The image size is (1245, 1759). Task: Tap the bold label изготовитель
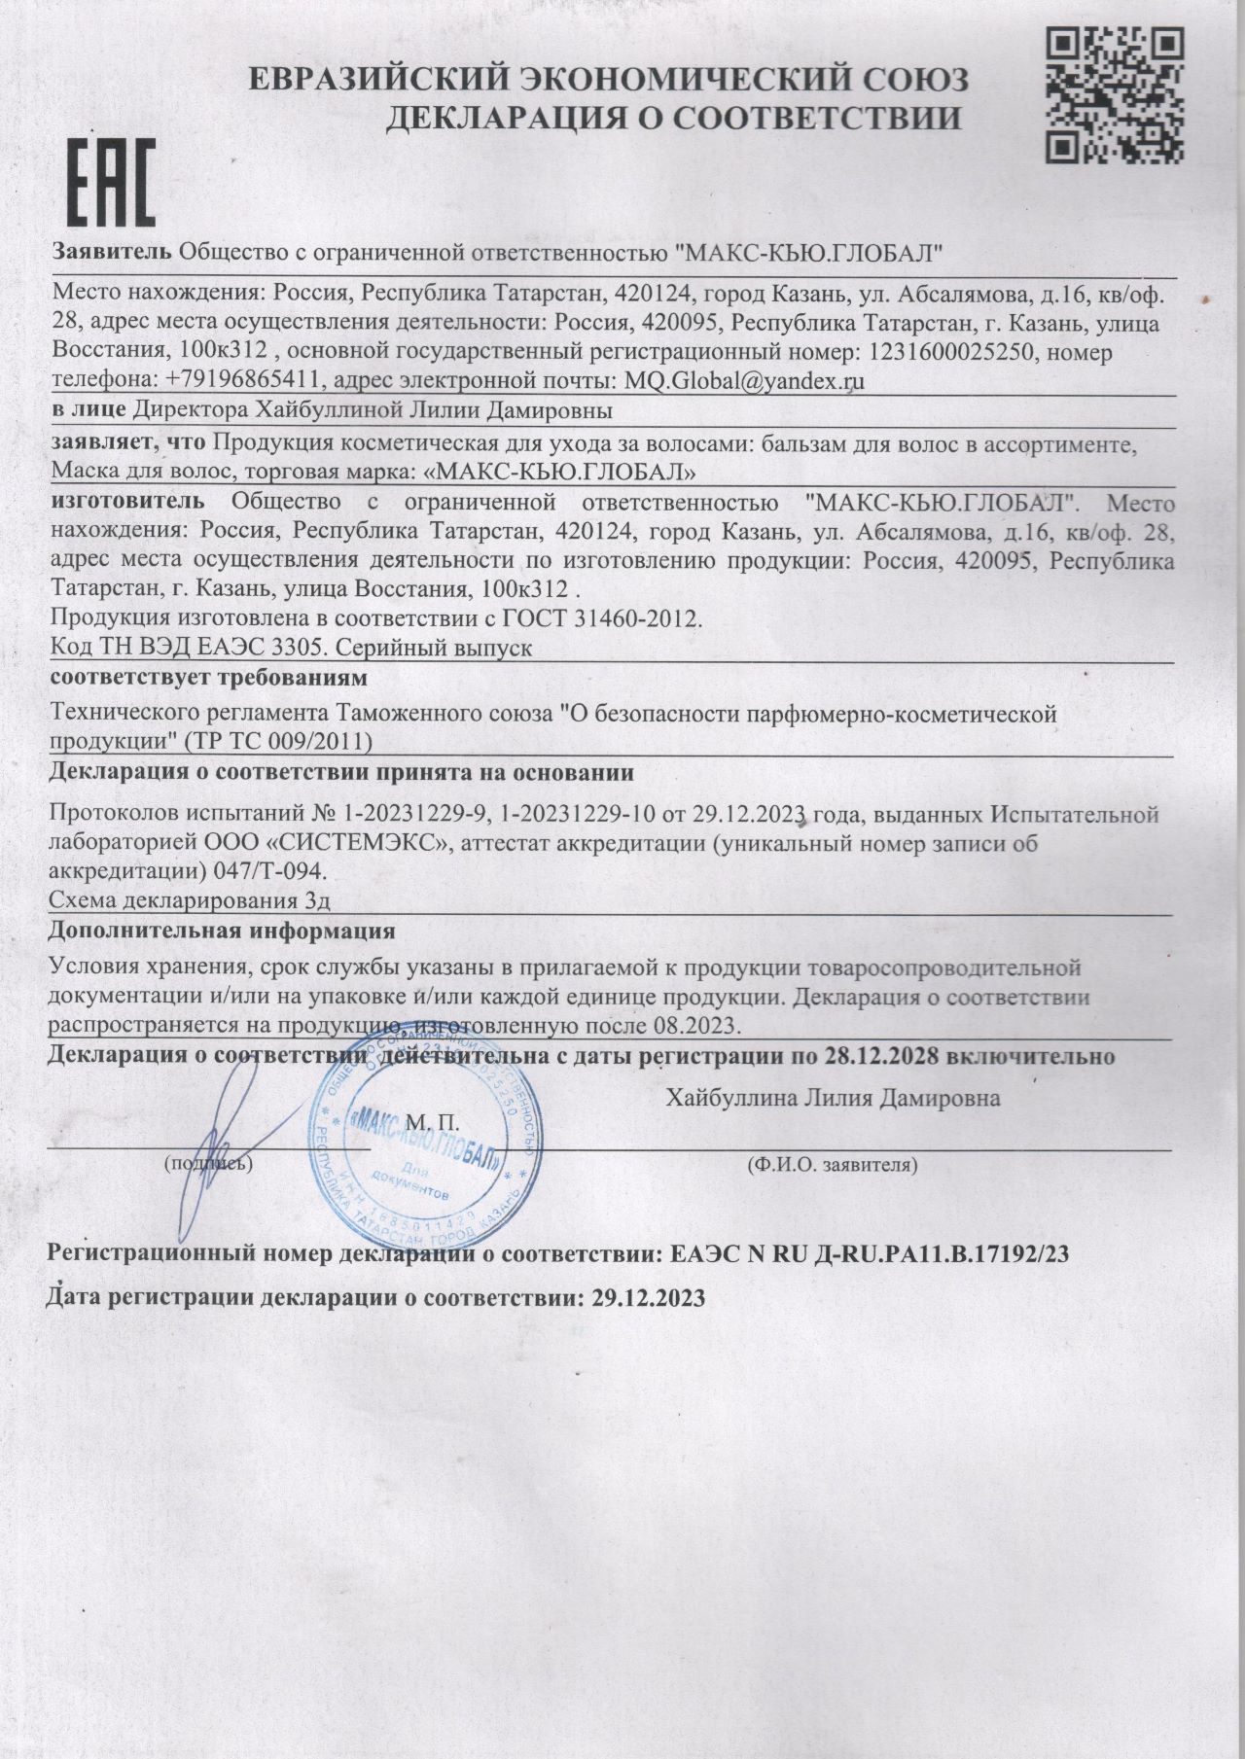(127, 503)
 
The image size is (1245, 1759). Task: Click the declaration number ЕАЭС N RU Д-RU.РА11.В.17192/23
(871, 1254)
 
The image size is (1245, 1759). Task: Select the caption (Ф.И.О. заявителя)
(833, 1163)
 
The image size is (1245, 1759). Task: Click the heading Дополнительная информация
(223, 931)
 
